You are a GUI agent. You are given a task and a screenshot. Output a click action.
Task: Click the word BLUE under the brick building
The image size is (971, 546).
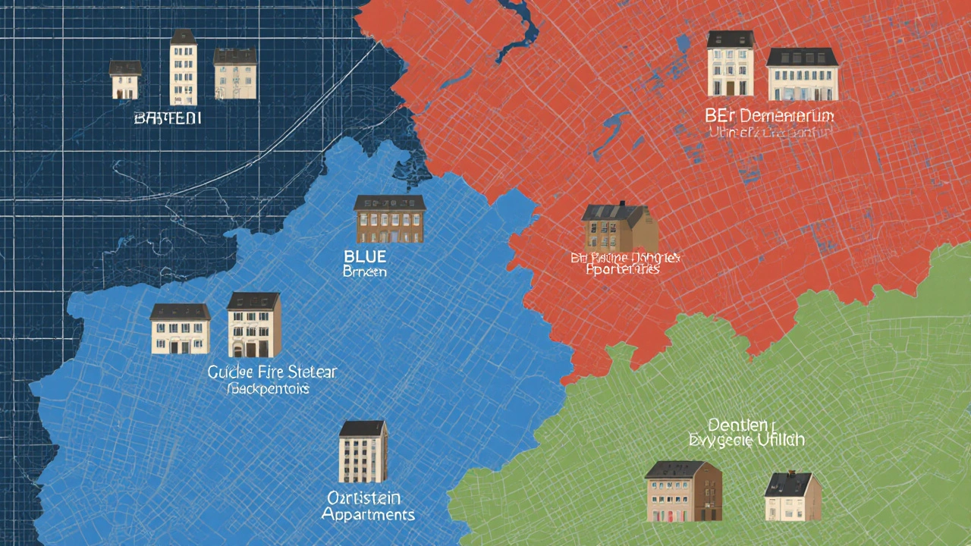(365, 257)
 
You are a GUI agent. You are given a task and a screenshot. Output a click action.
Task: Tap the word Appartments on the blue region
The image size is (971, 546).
(368, 514)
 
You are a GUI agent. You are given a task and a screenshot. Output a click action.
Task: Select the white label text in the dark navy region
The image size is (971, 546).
(167, 118)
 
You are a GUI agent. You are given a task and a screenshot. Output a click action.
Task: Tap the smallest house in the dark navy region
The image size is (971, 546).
(125, 80)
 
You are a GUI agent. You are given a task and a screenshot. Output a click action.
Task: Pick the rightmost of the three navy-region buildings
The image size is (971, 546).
(234, 76)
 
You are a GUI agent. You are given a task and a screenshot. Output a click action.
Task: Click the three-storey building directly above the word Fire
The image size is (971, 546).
(253, 325)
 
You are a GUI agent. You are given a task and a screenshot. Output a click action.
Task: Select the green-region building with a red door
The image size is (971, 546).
(683, 491)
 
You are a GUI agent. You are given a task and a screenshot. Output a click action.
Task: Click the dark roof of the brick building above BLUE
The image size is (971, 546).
(390, 202)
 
